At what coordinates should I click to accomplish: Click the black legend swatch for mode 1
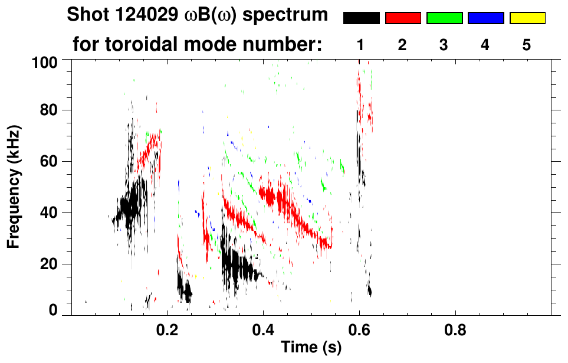coord(362,18)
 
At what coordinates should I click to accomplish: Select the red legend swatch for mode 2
coord(403,18)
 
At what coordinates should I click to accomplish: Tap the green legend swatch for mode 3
coord(444,18)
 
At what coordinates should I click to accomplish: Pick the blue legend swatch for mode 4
coord(485,18)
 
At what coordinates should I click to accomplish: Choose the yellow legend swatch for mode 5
coord(527,18)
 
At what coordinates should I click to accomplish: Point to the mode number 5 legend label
coord(527,45)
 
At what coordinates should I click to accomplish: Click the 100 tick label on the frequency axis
coord(45,62)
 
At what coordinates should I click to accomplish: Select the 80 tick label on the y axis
coord(50,110)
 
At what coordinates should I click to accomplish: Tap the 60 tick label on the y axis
coord(50,161)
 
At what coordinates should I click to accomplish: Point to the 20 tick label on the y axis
coord(50,264)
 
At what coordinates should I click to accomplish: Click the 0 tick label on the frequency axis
coord(54,310)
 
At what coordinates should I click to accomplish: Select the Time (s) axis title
coord(311,348)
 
